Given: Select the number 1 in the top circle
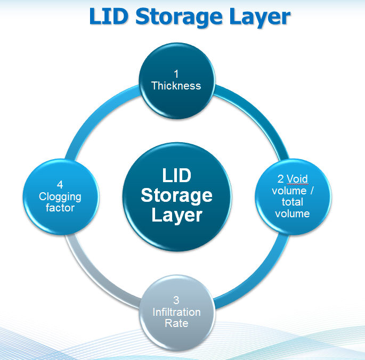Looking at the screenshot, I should coord(176,74).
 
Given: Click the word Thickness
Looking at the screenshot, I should coord(176,85).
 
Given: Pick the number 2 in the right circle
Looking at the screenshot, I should coord(280,179).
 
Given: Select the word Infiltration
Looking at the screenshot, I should coord(176,312).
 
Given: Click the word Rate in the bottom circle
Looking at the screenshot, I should coord(176,323).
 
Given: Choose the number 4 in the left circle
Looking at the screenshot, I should coord(60,185).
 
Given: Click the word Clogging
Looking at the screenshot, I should coord(60,197).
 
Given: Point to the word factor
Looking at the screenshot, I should coord(60,208).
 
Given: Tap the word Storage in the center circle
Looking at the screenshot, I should coord(177,195).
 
